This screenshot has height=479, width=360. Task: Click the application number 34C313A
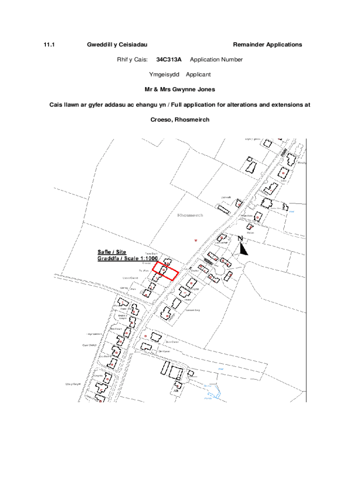(169, 59)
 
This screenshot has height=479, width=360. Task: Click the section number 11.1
(50, 44)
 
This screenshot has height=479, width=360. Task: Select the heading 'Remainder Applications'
(267, 44)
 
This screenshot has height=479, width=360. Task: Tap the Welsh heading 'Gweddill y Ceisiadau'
(117, 44)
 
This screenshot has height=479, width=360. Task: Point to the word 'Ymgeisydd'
(164, 74)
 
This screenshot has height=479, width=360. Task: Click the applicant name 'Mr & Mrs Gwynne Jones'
(180, 89)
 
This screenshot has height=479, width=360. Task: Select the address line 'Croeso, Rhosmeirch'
(180, 120)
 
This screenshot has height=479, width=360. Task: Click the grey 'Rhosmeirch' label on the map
(190, 215)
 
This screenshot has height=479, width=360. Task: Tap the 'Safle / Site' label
(112, 252)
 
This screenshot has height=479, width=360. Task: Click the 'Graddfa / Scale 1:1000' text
(127, 259)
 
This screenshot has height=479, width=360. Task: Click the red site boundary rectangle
(165, 271)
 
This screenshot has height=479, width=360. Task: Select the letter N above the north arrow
(240, 239)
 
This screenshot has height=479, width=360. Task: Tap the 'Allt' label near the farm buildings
(176, 390)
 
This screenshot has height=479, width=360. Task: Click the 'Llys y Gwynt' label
(73, 384)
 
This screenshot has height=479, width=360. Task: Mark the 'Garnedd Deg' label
(193, 310)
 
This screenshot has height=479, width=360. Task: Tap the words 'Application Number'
(216, 59)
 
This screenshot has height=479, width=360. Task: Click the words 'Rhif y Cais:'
(132, 59)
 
